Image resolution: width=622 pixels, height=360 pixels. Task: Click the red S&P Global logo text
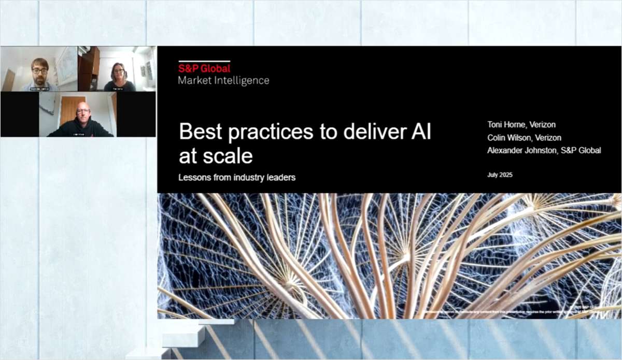204,68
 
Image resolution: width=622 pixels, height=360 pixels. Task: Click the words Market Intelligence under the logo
223,80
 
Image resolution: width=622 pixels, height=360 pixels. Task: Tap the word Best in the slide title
199,133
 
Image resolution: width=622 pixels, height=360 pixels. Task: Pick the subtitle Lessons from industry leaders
237,177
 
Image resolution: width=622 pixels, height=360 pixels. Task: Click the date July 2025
500,175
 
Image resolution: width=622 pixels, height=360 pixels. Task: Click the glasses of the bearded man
39,70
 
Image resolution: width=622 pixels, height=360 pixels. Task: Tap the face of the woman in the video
117,73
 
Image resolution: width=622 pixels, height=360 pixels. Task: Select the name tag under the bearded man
39,89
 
